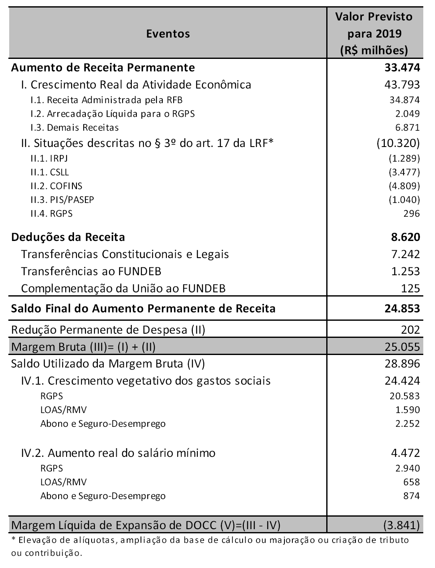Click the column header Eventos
click(x=168, y=33)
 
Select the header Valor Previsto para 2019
click(x=374, y=33)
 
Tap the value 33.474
click(x=402, y=67)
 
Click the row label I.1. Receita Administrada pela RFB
click(x=106, y=100)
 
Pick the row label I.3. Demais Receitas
click(x=74, y=127)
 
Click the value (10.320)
click(x=398, y=143)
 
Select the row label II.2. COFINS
click(x=56, y=186)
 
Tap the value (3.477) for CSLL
click(x=404, y=172)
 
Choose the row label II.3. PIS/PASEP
click(x=62, y=200)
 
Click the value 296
click(x=412, y=213)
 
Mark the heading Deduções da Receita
click(x=68, y=237)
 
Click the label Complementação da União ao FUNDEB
click(x=123, y=288)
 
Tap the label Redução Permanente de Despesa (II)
click(x=108, y=330)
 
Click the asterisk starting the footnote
click(x=13, y=539)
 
